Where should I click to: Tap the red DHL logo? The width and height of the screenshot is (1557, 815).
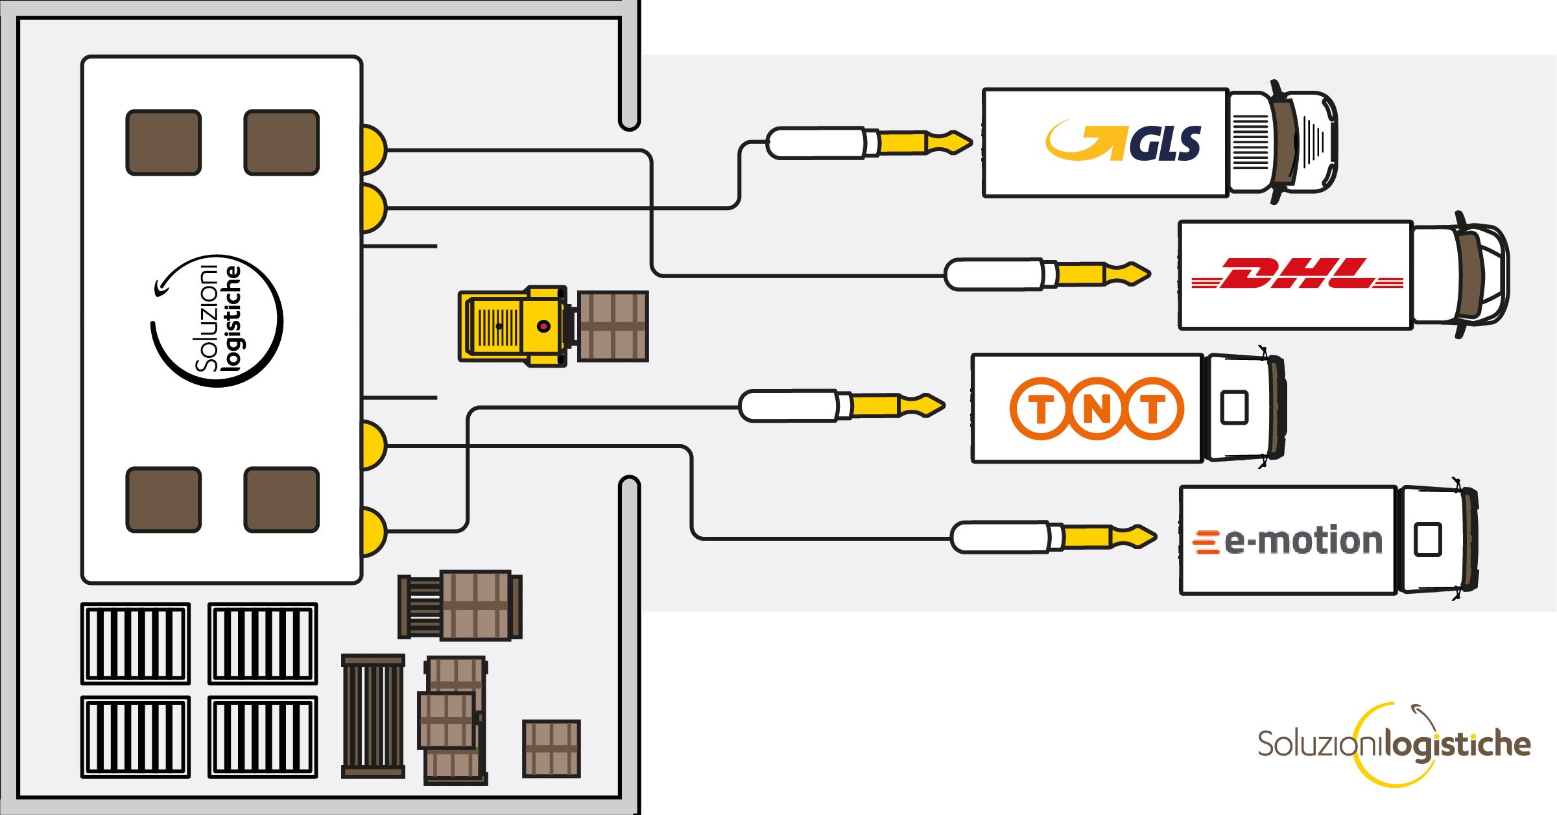point(1297,274)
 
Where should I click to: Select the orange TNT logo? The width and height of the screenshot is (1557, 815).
point(1097,408)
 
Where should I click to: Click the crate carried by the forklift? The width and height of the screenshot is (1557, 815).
point(613,326)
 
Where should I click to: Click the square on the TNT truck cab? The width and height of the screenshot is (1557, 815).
point(1234,408)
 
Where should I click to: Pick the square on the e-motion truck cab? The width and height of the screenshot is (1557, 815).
point(1427,539)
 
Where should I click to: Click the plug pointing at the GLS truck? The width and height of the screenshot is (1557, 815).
point(869,143)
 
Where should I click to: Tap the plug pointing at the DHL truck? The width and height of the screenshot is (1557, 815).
point(1047,274)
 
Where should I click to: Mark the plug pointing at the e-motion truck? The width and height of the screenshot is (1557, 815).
point(1053,537)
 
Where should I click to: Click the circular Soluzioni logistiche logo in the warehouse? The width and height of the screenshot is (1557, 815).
point(217,321)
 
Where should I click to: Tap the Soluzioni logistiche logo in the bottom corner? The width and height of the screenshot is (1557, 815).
point(1394,744)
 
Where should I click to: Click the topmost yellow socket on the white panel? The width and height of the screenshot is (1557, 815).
point(373,150)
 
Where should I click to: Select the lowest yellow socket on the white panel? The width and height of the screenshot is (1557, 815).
point(373,532)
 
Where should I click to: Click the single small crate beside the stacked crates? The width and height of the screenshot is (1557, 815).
point(551,748)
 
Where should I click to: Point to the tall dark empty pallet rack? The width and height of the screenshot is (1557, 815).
point(373,716)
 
